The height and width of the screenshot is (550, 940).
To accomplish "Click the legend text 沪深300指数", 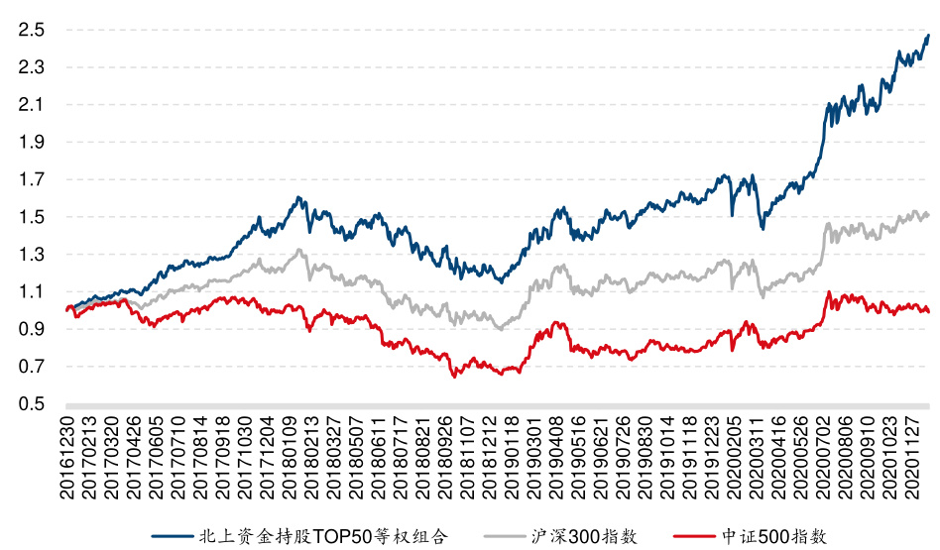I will click(x=587, y=536).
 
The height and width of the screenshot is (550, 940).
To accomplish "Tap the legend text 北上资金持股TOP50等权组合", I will click(x=323, y=536).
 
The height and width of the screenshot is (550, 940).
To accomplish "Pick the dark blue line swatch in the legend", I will click(x=172, y=536).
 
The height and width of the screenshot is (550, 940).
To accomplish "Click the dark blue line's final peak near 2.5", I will click(x=928, y=35).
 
